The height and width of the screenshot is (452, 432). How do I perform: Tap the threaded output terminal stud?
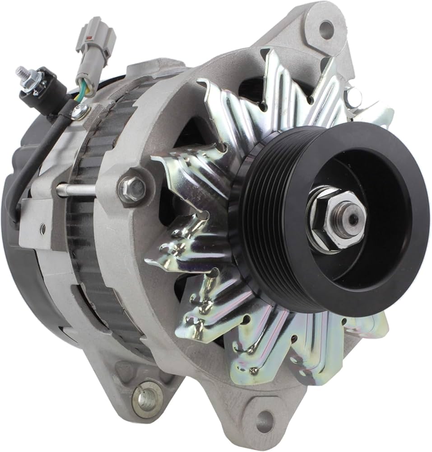coord(23,74)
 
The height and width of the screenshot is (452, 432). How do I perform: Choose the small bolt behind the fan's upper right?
coord(354,97)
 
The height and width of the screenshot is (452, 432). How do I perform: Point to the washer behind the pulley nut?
coord(316,235)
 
